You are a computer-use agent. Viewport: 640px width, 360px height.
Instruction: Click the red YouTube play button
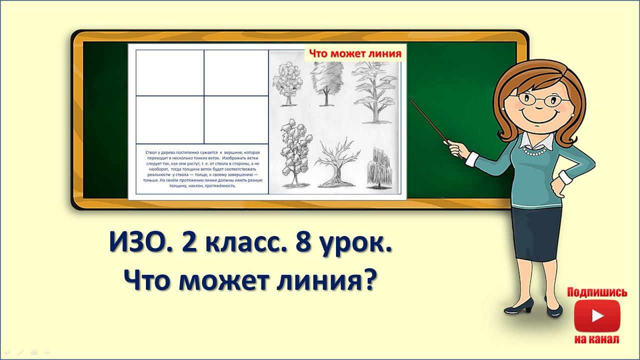597,315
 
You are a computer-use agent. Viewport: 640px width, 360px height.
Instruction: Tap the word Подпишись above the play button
597,292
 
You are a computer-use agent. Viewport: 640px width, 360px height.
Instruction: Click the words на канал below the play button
597,339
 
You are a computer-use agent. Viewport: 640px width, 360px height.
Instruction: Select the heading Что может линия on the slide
354,53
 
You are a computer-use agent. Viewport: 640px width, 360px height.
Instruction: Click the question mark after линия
368,280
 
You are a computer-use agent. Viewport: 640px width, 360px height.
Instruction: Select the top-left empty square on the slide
170,72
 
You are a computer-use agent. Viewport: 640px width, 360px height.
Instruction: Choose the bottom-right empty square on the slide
236,119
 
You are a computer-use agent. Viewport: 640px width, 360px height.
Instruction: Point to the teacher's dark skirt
536,232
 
